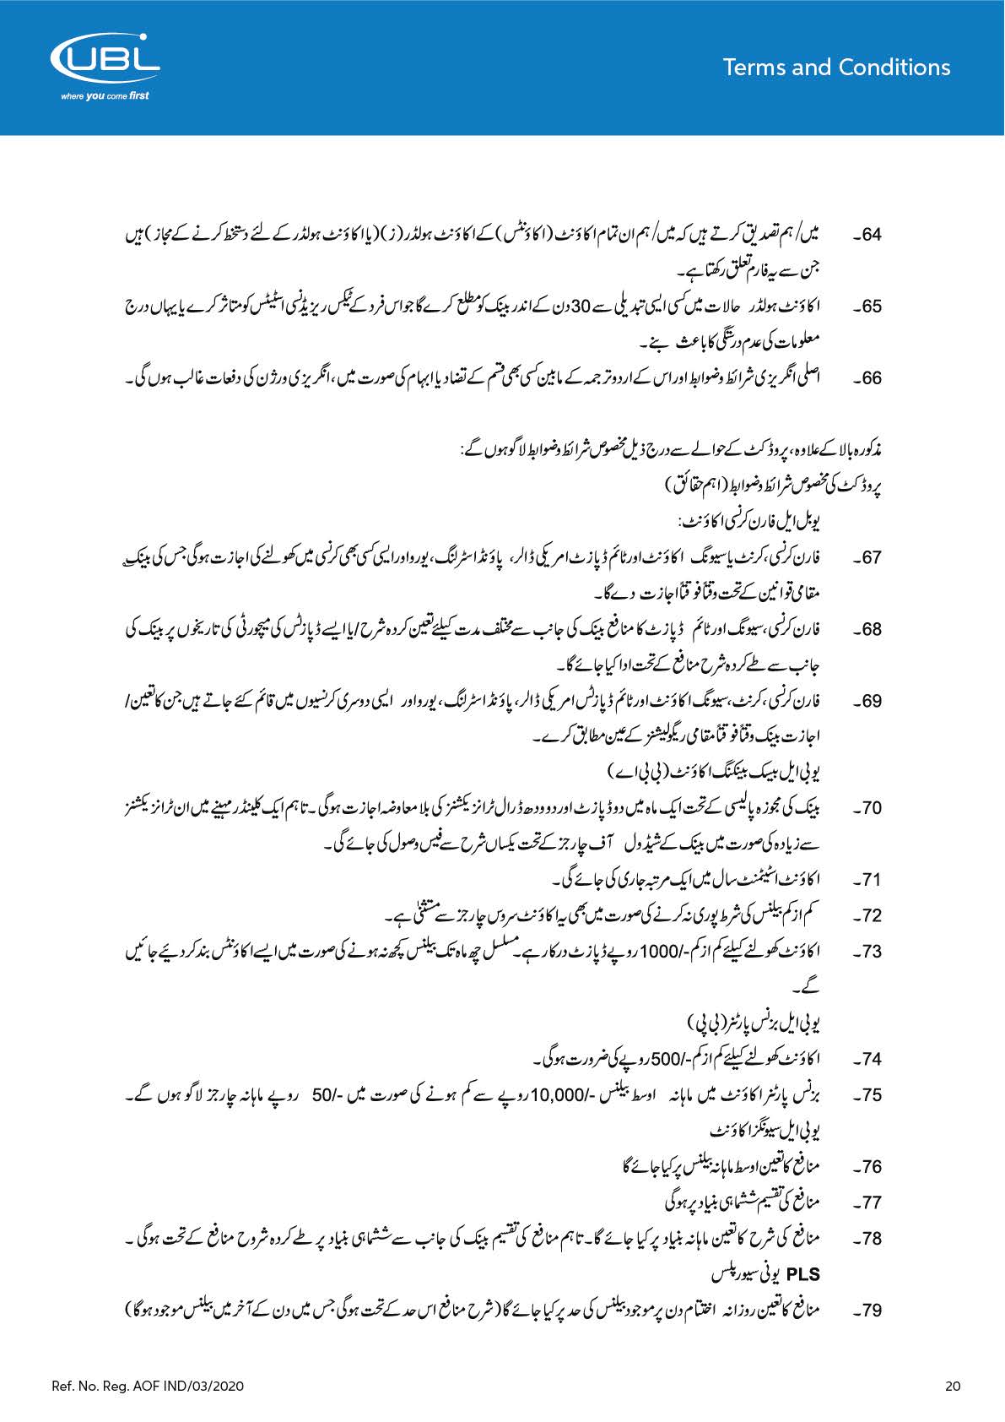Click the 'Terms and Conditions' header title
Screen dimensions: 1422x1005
tap(836, 68)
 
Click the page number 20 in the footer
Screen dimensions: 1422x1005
tap(953, 1386)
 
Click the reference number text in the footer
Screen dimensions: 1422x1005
tap(148, 1386)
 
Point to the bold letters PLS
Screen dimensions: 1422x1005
tap(802, 1274)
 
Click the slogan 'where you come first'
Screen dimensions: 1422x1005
tap(105, 96)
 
